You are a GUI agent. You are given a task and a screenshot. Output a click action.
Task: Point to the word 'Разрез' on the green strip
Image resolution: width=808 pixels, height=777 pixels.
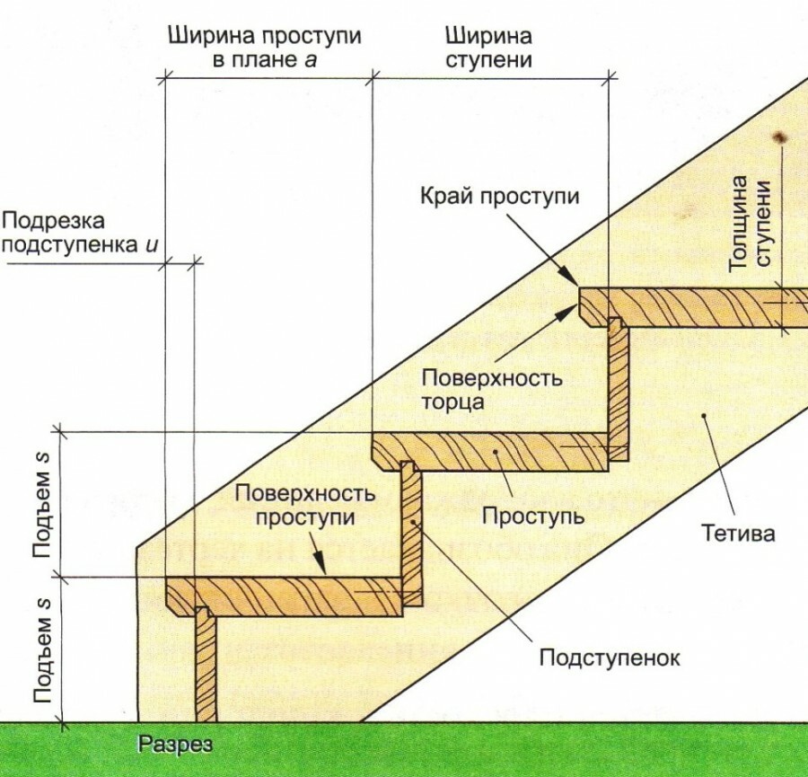[x=176, y=745]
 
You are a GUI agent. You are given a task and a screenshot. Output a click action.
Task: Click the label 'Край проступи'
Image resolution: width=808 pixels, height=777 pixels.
[x=500, y=197]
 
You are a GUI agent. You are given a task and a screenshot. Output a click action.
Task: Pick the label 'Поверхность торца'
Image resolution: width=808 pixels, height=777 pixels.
[x=493, y=388]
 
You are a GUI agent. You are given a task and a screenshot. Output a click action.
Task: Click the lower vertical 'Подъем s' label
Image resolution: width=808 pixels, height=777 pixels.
[x=41, y=649]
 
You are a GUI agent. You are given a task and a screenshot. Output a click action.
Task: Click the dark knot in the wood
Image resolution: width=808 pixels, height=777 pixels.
[x=777, y=137]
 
